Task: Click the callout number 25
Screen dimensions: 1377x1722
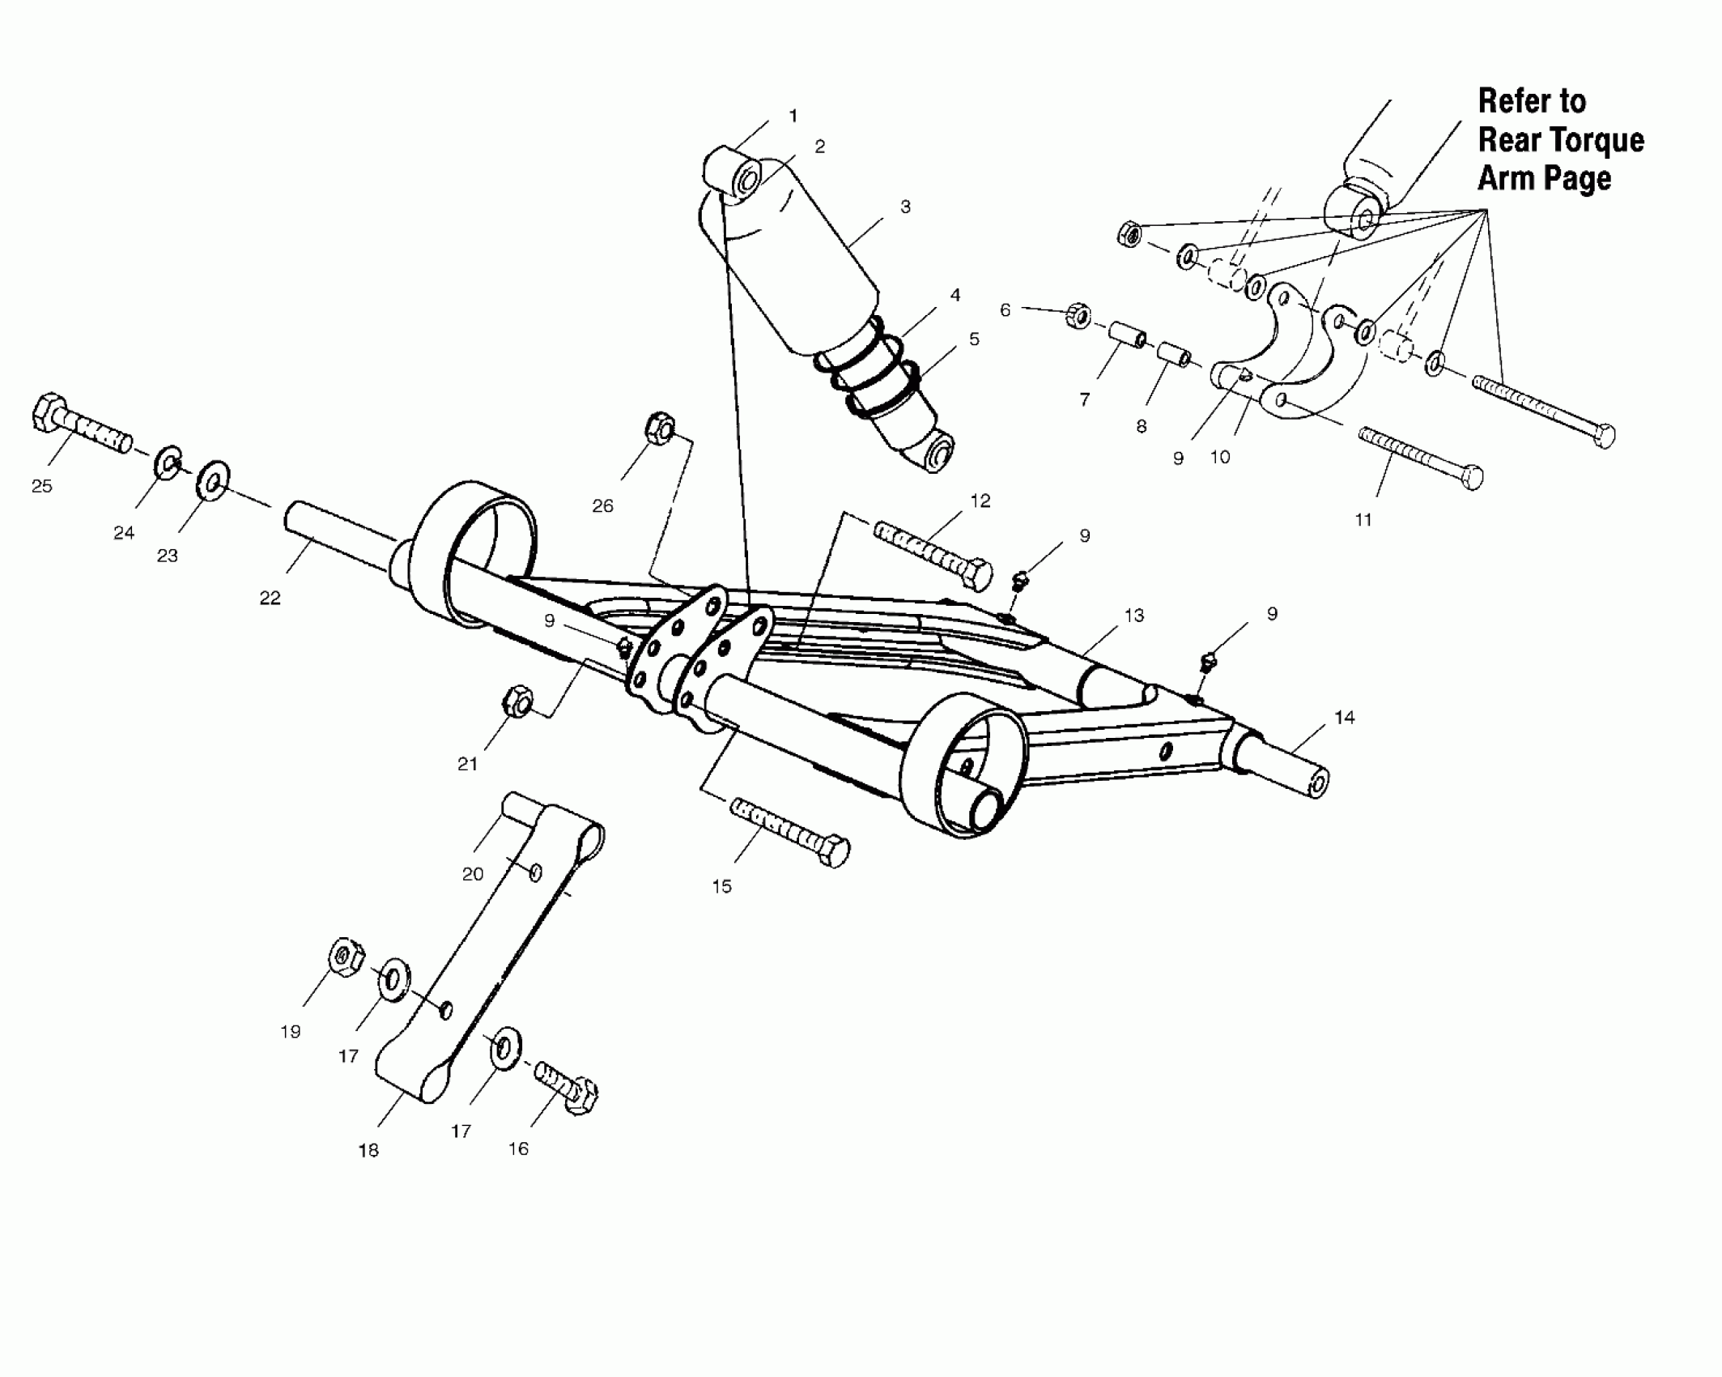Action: [x=41, y=486]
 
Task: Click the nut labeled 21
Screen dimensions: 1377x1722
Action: [x=517, y=701]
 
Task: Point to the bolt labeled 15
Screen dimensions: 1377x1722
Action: [x=789, y=832]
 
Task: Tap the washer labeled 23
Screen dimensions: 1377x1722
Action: [x=214, y=483]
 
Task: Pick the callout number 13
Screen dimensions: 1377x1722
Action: [x=1134, y=616]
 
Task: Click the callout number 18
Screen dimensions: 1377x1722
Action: [x=368, y=1150]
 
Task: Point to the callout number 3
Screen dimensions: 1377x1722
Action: [x=905, y=207]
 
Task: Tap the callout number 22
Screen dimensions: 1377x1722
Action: [x=270, y=598]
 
